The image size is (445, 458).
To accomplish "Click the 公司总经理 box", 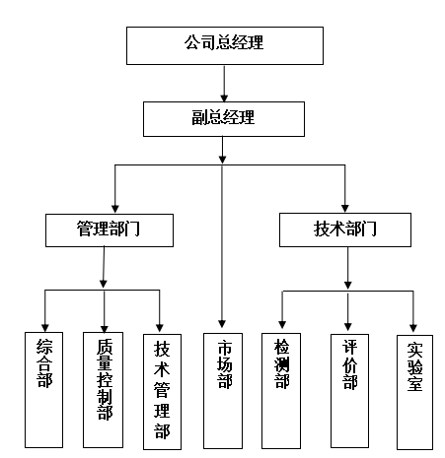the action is [225, 45].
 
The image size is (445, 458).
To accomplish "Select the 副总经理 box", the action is [224, 119].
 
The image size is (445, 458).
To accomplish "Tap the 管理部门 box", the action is [110, 230].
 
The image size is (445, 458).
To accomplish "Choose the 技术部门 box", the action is [345, 229].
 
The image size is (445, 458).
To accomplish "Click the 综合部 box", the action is [43, 390].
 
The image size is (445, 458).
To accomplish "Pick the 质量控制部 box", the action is [103, 390].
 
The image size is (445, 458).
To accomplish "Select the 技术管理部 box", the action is [162, 392].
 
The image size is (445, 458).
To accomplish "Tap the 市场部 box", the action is [223, 391].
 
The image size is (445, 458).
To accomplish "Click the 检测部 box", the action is [281, 391].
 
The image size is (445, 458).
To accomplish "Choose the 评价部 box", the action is [349, 391].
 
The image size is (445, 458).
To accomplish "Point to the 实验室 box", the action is [414, 392].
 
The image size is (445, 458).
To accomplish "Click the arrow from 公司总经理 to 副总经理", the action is [224, 84].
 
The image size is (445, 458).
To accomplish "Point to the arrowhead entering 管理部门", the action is [115, 209].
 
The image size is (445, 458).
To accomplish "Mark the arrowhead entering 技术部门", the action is [344, 209].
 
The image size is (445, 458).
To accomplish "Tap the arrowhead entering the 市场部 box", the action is [222, 324].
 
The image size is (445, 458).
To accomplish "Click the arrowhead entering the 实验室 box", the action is [413, 328].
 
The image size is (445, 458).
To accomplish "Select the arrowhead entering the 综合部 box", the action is [45, 328].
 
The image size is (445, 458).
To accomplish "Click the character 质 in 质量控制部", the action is [105, 347].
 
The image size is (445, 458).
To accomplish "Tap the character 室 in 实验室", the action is [414, 383].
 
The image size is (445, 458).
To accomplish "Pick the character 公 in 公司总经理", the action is [192, 42].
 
